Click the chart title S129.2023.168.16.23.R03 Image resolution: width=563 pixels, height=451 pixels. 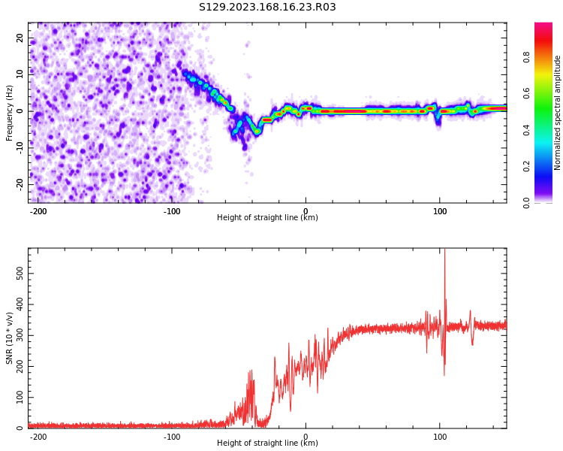[267, 8]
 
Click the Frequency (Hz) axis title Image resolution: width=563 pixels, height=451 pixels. [10, 112]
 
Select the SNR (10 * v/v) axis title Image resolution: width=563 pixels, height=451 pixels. [10, 337]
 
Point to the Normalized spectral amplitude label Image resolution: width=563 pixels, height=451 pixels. [558, 112]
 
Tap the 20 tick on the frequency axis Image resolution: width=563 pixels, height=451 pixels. [20, 38]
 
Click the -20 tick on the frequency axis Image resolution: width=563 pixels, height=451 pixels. [19, 184]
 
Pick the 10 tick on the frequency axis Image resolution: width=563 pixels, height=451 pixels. [20, 74]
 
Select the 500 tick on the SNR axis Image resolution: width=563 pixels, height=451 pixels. [17, 273]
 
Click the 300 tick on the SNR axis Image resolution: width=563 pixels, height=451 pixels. [17, 335]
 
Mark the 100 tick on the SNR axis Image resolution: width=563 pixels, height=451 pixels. [17, 398]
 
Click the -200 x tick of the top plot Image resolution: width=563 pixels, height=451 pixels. [38, 211]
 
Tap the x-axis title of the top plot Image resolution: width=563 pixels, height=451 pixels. [267, 218]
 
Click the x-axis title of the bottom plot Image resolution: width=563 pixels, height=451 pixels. [267, 443]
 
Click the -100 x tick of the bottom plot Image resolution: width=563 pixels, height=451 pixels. [172, 437]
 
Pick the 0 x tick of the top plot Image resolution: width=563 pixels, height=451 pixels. [306, 211]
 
